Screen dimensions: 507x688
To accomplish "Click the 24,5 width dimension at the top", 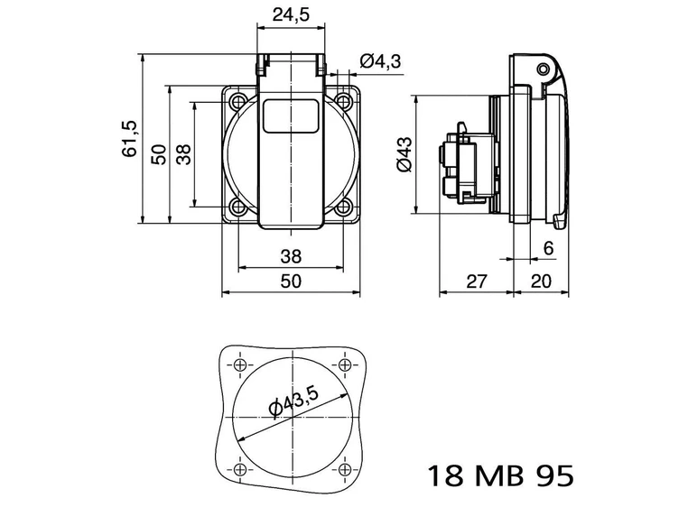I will coord(290,14).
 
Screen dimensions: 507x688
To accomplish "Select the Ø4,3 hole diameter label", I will coord(379,60).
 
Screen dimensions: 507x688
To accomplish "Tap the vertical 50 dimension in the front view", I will coord(158,154).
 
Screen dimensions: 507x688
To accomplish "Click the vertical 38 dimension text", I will coord(183,154).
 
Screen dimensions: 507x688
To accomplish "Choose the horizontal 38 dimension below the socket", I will coord(290,255).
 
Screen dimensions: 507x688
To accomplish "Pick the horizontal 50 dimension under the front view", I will coord(290,281).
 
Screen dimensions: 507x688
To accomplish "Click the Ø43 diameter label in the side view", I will coord(404,154).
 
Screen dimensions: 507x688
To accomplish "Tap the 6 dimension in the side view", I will coord(548,248).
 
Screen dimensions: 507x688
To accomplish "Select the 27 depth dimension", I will coord(477,281).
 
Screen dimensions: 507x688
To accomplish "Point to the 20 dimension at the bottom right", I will coord(541,281).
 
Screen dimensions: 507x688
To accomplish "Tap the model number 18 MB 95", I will coord(497,475).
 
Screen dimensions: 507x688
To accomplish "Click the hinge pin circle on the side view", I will coord(542,69).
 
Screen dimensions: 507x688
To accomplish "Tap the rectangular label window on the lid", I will coord(290,117).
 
